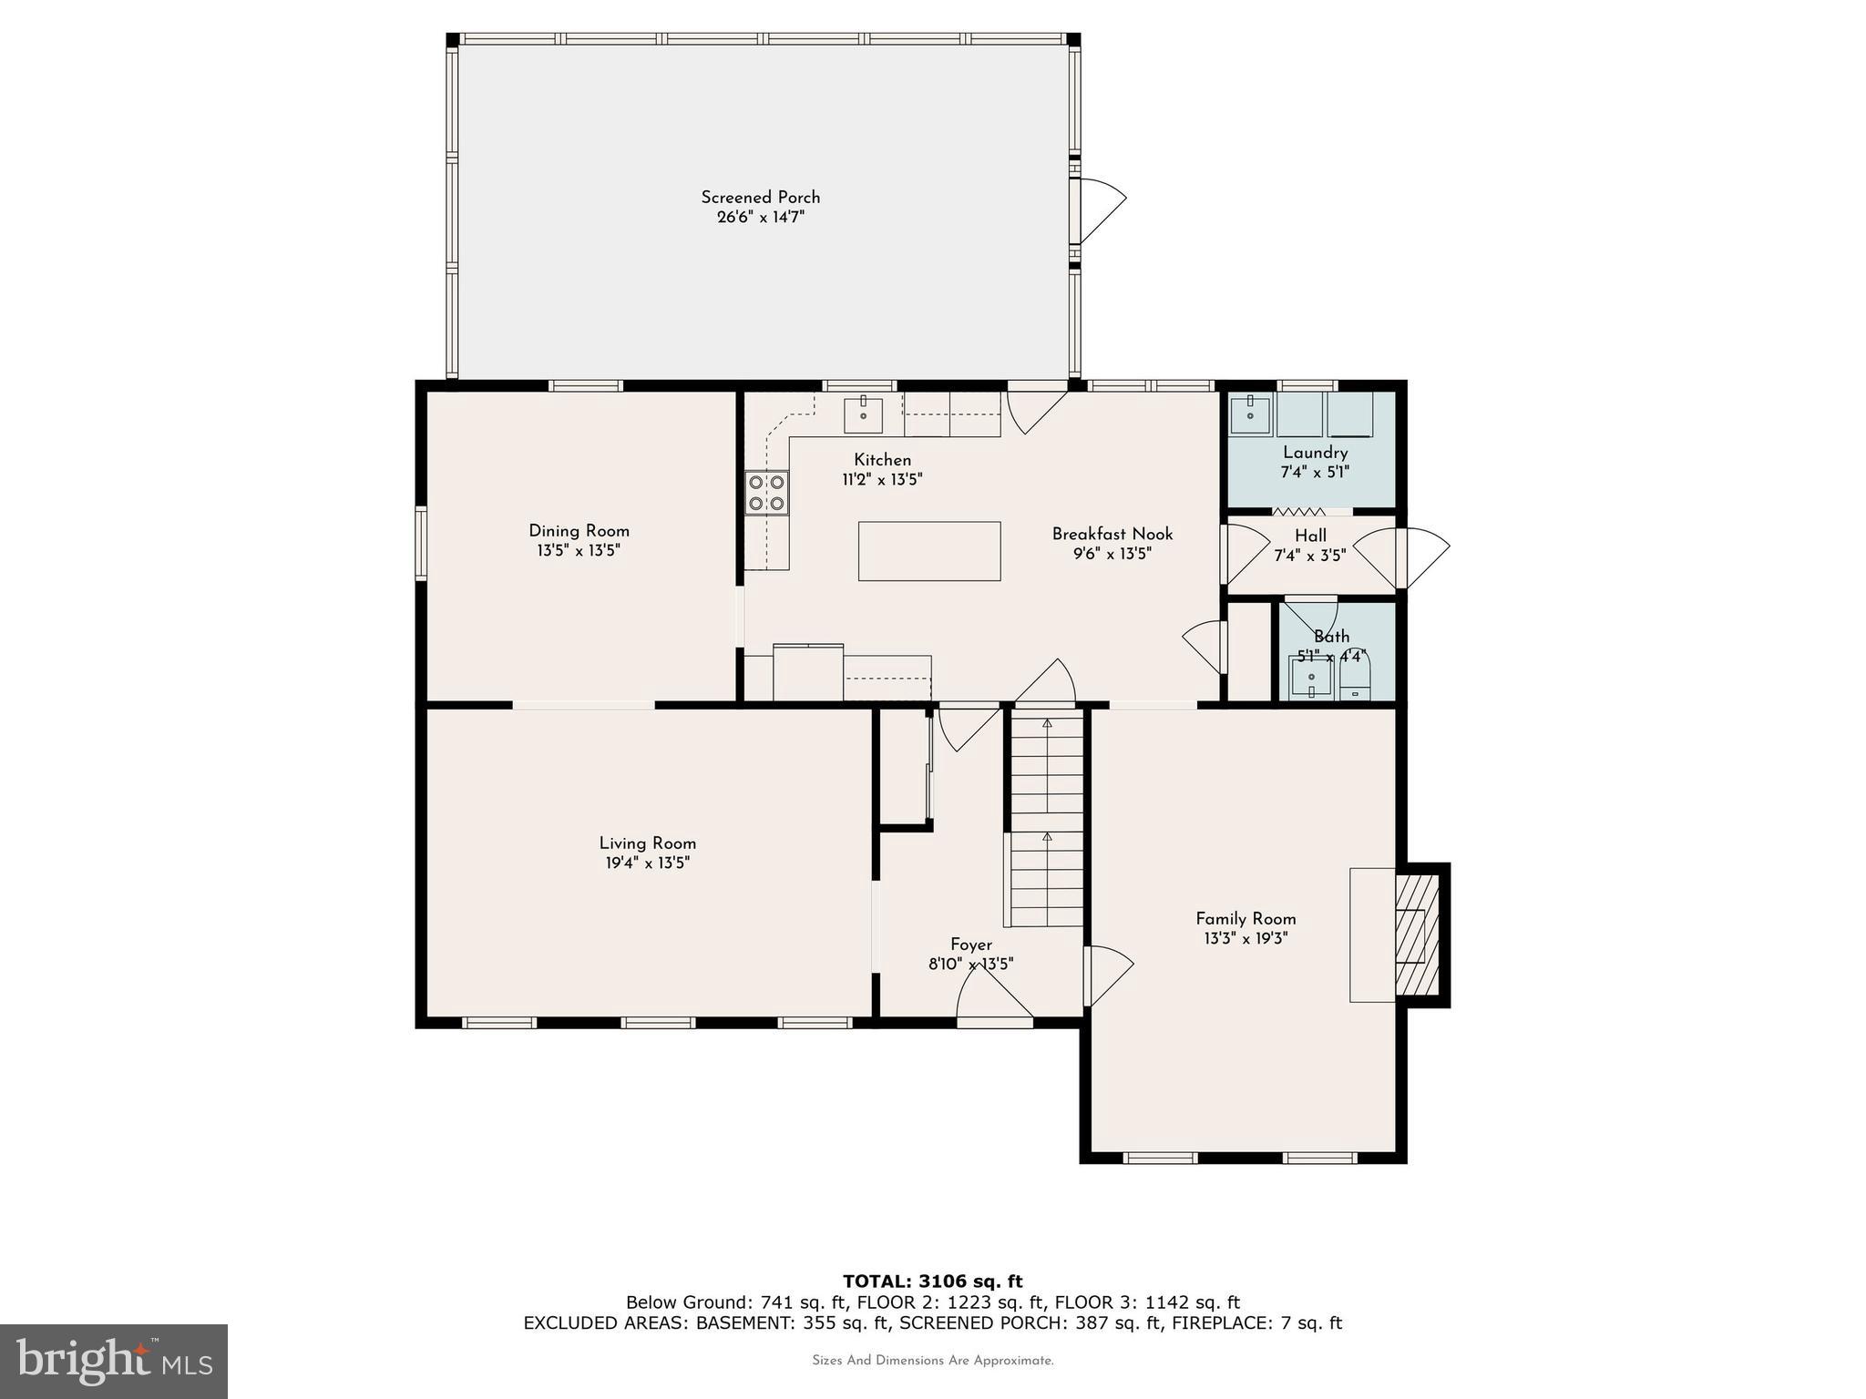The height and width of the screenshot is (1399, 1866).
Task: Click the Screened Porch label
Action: point(760,197)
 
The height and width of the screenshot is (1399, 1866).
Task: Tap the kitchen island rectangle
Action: point(928,551)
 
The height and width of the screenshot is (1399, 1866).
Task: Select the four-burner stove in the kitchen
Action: point(766,493)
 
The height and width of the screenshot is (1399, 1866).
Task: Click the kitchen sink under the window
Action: point(863,415)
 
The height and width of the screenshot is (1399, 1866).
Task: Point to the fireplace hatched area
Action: point(1417,934)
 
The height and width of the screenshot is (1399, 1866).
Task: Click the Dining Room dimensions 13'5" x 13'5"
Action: point(579,550)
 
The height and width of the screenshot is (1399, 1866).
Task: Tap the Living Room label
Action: point(647,843)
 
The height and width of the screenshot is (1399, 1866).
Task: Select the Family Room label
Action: point(1245,919)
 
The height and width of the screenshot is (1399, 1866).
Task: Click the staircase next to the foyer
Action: point(1047,820)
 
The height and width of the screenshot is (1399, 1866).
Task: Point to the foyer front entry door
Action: point(994,997)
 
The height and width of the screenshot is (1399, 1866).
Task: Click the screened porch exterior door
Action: point(1098,210)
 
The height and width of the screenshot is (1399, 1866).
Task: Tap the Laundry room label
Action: point(1314,453)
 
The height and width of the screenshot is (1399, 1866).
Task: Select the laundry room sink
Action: point(1251,415)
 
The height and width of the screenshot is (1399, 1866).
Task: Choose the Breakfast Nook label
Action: point(1112,534)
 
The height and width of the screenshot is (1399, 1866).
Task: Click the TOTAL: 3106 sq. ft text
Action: point(932,1282)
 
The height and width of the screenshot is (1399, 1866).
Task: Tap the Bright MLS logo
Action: point(113,1361)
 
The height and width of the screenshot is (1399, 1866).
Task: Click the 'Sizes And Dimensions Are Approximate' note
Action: point(932,1361)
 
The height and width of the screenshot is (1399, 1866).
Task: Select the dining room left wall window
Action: point(421,544)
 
